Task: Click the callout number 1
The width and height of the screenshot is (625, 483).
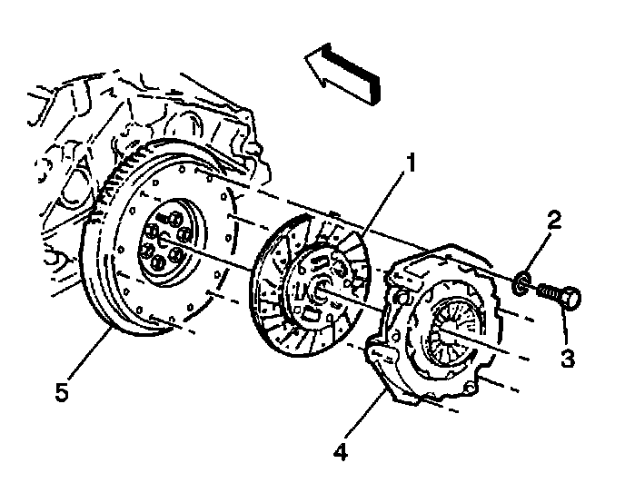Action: click(411, 165)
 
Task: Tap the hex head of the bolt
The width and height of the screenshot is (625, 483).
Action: click(572, 299)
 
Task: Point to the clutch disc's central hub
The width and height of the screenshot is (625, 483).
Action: click(321, 289)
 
